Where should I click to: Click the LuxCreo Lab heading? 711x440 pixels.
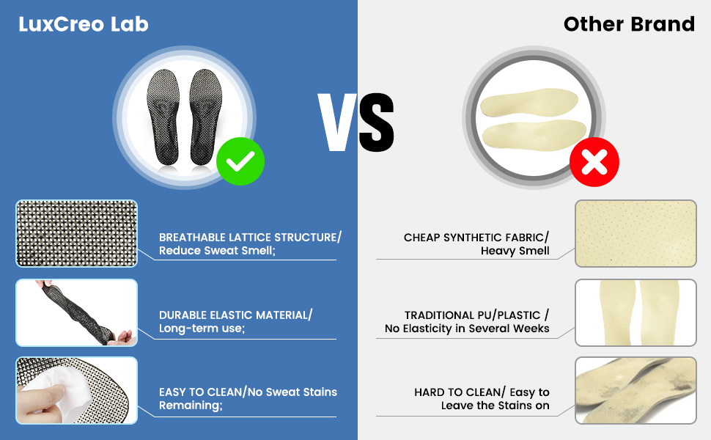pyautogui.click(x=84, y=24)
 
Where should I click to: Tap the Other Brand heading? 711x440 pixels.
pyautogui.click(x=629, y=24)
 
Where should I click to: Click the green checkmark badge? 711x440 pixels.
pyautogui.click(x=240, y=161)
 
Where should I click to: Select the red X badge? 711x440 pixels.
pyautogui.click(x=594, y=162)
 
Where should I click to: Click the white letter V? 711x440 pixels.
pyautogui.click(x=337, y=122)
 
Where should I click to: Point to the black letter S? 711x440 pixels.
pyautogui.click(x=377, y=122)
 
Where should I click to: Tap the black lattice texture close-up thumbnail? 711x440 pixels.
pyautogui.click(x=77, y=233)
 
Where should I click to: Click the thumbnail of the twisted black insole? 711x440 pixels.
pyautogui.click(x=77, y=312)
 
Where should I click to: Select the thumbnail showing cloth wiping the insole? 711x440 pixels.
pyautogui.click(x=77, y=391)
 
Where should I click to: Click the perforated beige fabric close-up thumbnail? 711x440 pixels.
pyautogui.click(x=636, y=233)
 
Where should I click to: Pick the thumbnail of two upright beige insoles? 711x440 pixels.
pyautogui.click(x=636, y=312)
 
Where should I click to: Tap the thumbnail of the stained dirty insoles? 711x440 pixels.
pyautogui.click(x=636, y=391)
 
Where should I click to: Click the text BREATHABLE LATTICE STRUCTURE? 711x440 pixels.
pyautogui.click(x=248, y=238)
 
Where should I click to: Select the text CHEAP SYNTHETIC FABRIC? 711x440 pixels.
pyautogui.click(x=474, y=238)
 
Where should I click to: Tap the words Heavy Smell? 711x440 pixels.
pyautogui.click(x=515, y=251)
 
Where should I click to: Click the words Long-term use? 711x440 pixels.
pyautogui.click(x=202, y=329)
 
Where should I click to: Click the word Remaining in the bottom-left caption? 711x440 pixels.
pyautogui.click(x=191, y=405)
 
